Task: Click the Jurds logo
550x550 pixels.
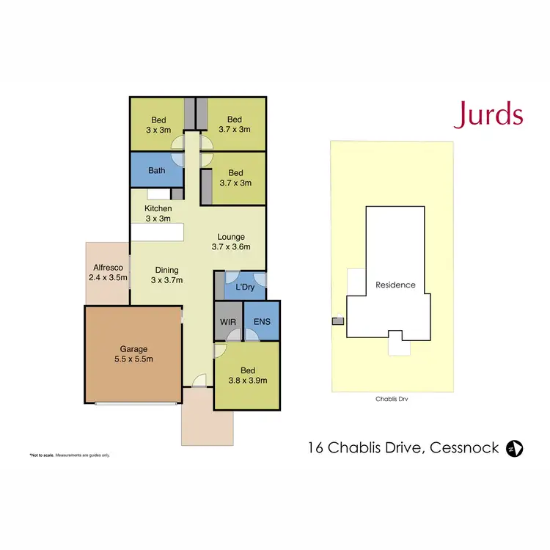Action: tap(488, 115)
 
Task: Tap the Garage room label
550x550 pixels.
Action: tap(133, 355)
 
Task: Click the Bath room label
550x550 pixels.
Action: tap(156, 171)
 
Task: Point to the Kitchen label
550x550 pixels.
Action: tap(158, 213)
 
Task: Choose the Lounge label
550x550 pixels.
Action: tap(231, 242)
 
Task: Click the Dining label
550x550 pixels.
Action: tap(166, 274)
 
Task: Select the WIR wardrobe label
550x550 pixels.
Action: tap(227, 322)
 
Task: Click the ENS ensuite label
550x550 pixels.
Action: tap(262, 322)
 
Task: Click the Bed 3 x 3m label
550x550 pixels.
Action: tap(159, 125)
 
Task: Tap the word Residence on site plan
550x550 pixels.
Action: tap(395, 285)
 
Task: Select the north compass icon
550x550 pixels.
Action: tap(515, 447)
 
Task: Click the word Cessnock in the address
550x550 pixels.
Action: tap(464, 447)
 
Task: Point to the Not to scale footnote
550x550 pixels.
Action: tap(70, 455)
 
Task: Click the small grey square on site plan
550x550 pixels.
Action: tap(337, 320)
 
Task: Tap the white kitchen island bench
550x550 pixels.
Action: tap(157, 232)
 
